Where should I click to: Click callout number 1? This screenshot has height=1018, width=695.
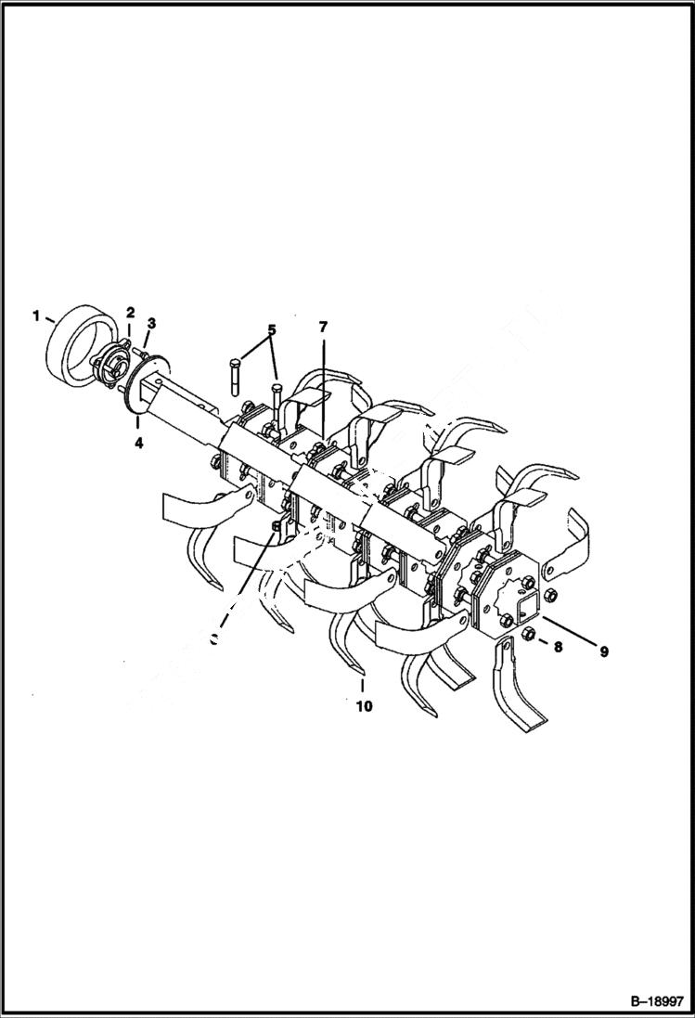pos(36,316)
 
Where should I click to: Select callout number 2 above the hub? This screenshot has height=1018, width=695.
pos(131,312)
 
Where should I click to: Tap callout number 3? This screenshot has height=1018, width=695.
pos(151,323)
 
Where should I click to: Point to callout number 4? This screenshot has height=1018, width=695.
pos(138,443)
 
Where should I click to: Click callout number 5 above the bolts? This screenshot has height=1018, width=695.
pos(272,329)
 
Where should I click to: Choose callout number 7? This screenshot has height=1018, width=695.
pos(323,328)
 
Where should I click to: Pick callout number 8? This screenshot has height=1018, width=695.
pos(558,648)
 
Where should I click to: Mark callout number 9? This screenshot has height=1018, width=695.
pos(603,651)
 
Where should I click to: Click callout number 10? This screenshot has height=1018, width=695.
pos(363,706)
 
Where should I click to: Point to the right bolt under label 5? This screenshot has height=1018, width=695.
pos(277,401)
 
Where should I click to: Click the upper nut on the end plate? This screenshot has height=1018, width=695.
pos(548,594)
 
